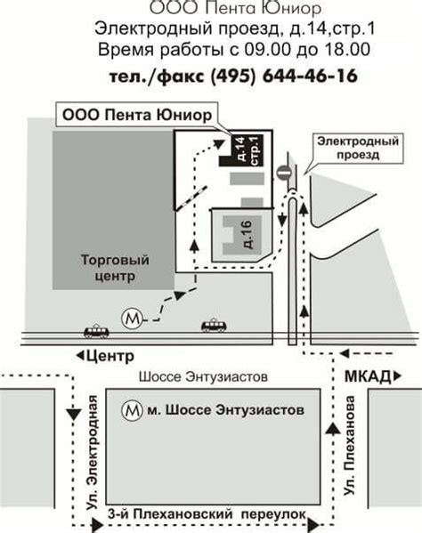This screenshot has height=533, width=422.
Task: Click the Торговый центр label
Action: [x=113, y=269]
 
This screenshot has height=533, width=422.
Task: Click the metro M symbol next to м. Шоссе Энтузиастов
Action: [x=131, y=411]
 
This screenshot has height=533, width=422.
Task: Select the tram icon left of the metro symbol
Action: [x=96, y=331]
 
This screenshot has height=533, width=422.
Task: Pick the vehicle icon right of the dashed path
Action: [x=214, y=326]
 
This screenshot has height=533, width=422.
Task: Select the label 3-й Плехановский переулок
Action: [x=206, y=514]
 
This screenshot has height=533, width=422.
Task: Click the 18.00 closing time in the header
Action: [x=348, y=49]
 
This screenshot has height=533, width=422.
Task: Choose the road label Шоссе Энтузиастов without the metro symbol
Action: [x=203, y=376]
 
